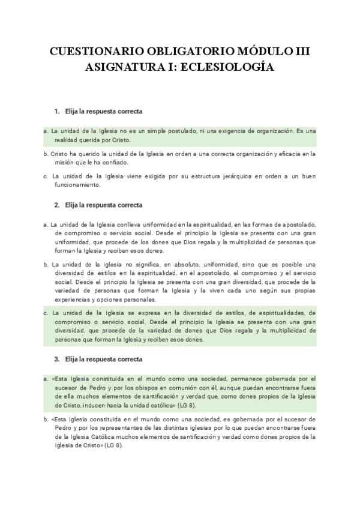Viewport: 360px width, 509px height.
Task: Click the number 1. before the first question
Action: pos(57,112)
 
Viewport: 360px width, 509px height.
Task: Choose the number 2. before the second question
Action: pos(57,205)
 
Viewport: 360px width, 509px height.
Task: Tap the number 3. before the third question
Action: pos(57,359)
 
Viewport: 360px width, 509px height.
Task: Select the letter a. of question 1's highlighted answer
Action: pos(46,130)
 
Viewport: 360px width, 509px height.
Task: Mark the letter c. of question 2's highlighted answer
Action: pos(46,313)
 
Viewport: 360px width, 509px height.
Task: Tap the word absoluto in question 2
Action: pos(182,264)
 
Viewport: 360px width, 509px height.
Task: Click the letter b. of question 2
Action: pos(46,264)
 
